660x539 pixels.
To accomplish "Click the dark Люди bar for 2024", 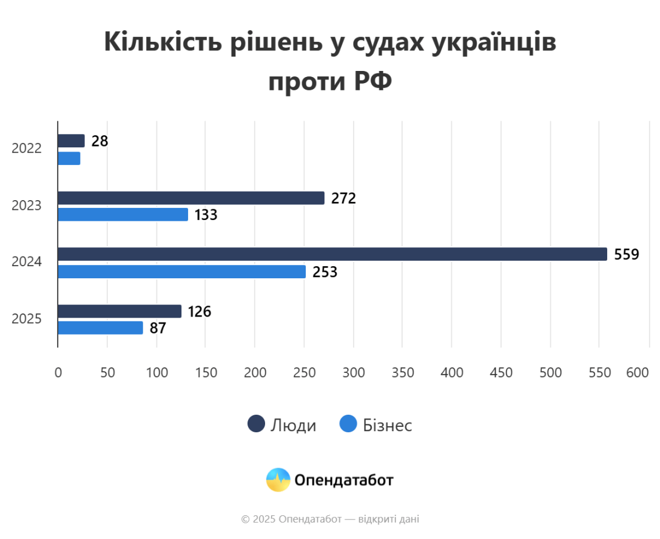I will point(332,254).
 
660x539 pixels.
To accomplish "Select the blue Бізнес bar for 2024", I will point(182,272).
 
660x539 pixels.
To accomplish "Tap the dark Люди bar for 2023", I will point(191,198).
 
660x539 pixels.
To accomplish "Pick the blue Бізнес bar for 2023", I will point(123,215).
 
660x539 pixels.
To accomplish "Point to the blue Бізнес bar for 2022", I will point(69,158).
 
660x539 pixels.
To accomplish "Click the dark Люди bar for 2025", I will point(120,311).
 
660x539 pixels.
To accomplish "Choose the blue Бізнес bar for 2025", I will point(101,328).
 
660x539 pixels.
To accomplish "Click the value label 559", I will point(627,255).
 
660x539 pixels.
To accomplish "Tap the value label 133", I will point(206,215).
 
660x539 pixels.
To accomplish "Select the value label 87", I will point(158,329).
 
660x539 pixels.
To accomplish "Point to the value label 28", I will point(99,141).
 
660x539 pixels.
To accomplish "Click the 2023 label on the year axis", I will point(27,206).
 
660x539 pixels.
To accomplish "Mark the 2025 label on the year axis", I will point(27,318).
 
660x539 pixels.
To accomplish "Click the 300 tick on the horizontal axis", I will point(354,373).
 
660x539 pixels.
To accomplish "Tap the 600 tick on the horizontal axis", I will point(638,373).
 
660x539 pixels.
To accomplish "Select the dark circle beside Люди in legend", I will point(256,424).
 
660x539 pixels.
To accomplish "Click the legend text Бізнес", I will point(388,425).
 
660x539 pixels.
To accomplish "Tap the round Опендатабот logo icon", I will point(278,480).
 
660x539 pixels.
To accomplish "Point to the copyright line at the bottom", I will point(330,519).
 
